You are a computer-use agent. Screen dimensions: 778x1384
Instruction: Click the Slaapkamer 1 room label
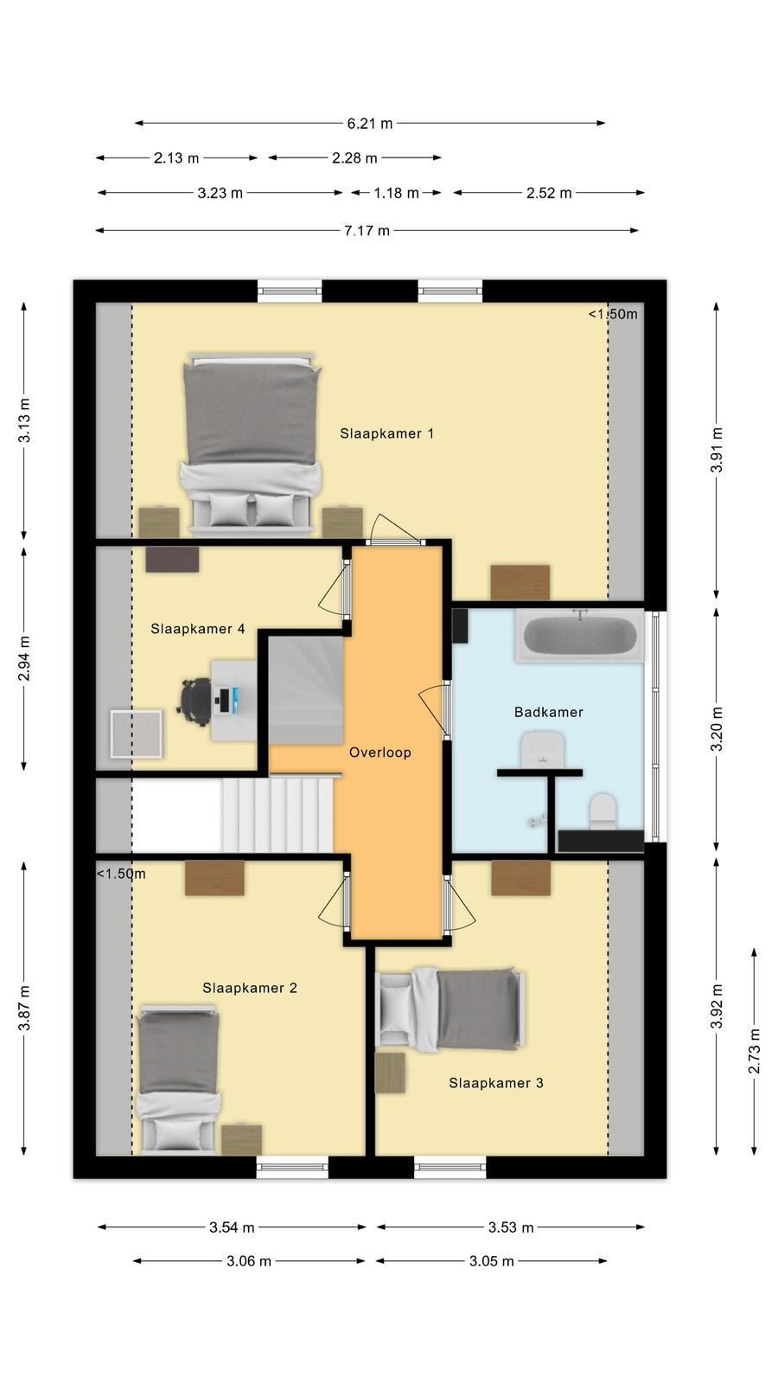tap(386, 433)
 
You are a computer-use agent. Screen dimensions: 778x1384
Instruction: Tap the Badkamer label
tap(548, 713)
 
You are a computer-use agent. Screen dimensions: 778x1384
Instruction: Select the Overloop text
tap(379, 753)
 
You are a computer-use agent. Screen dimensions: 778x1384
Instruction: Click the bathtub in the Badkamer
tap(580, 636)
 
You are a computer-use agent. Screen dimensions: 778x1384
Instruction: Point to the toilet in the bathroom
tap(603, 811)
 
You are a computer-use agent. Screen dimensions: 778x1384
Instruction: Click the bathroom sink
tap(542, 749)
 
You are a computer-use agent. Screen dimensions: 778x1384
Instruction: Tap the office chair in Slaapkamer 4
tap(195, 701)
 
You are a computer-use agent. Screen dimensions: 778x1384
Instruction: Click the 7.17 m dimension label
tap(367, 231)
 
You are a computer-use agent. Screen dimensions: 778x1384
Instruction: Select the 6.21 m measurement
tap(369, 124)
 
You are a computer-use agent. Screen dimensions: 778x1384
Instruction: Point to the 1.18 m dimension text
tap(396, 194)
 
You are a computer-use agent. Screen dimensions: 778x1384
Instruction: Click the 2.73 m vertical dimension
tap(754, 1052)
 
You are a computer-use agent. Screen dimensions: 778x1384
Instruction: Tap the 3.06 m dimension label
tap(249, 1261)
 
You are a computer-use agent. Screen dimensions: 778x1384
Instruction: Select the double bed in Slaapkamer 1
tap(251, 443)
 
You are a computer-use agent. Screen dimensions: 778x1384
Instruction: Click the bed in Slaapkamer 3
tap(450, 1009)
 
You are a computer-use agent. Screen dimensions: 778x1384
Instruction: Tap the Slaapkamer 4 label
tap(198, 629)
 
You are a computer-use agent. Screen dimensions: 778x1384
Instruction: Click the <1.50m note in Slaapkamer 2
tap(121, 874)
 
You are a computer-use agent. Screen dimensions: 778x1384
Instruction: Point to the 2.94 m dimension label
tap(24, 658)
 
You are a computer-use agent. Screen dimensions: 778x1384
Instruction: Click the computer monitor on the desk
tap(235, 701)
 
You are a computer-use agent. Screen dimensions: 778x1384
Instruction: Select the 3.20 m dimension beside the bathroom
tap(717, 729)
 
